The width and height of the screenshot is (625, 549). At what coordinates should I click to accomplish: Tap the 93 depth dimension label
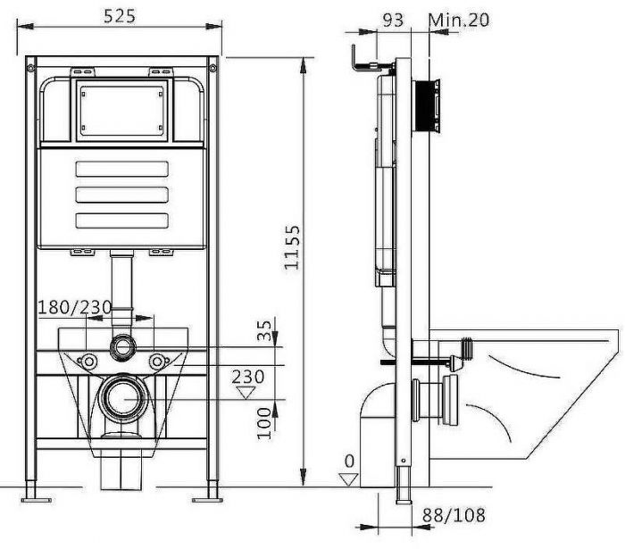[391, 19]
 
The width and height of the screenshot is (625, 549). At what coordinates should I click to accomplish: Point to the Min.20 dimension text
[459, 19]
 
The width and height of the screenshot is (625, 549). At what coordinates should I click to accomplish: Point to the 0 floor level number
[349, 462]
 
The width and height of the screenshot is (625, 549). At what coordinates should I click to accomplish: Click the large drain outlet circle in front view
[121, 397]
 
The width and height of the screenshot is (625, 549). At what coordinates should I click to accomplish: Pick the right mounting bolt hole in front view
[157, 362]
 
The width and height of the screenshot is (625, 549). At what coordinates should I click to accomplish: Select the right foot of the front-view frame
[214, 490]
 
